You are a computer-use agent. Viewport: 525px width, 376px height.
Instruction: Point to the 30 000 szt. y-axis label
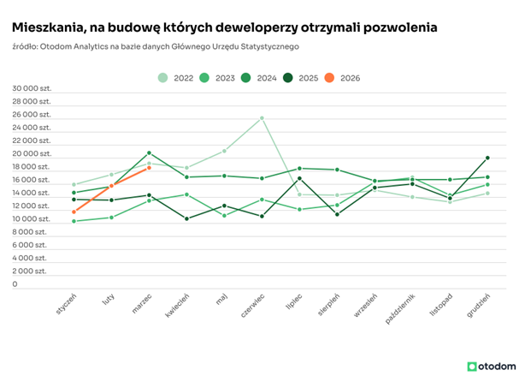tap(32, 88)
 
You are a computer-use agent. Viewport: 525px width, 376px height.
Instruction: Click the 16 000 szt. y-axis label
tap(32, 180)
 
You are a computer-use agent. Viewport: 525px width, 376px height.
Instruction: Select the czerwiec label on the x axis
tap(252, 305)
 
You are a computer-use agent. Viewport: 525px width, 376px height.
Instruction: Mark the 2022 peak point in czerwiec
tap(262, 118)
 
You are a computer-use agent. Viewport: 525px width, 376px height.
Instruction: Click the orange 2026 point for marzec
tap(149, 168)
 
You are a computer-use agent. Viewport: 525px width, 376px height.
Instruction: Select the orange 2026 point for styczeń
tap(74, 212)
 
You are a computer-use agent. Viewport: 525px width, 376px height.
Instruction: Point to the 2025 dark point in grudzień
tap(487, 158)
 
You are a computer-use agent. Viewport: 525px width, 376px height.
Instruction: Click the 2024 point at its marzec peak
tap(149, 153)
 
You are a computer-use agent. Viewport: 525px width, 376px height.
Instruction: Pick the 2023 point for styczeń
tap(74, 221)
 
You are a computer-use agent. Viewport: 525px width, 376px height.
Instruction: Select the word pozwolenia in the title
tap(400, 27)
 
